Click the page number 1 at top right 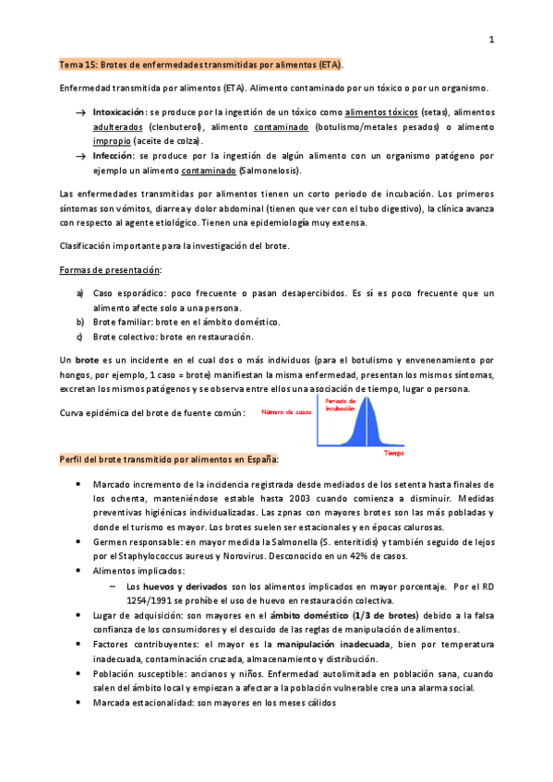[x=492, y=40]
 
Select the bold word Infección [x=114, y=156]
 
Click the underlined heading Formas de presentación [x=109, y=270]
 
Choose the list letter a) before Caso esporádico [x=79, y=293]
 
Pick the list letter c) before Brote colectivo [x=79, y=337]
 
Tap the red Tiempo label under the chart [x=393, y=453]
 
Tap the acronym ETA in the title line [x=328, y=65]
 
